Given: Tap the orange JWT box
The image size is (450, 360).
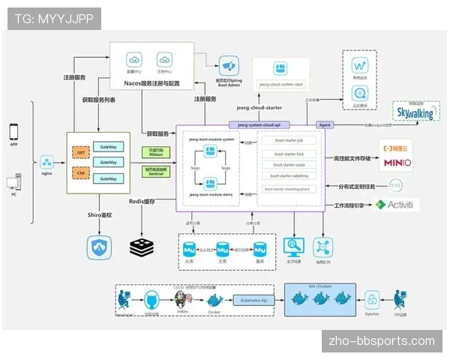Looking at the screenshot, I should pyautogui.click(x=79, y=153).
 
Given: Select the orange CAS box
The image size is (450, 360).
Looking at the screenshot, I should pyautogui.click(x=79, y=172).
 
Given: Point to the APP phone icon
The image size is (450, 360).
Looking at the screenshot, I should pyautogui.click(x=13, y=131).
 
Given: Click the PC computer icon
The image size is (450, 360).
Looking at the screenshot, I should pyautogui.click(x=13, y=182).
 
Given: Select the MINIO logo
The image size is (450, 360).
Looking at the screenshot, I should pyautogui.click(x=396, y=161).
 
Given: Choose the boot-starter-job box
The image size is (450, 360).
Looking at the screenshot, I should pyautogui.click(x=288, y=140).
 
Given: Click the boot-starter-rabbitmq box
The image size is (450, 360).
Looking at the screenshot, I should pyautogui.click(x=288, y=176).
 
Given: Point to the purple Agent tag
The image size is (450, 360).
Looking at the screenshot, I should pyautogui.click(x=325, y=124).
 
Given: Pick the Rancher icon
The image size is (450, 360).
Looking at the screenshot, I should pyautogui.click(x=372, y=299).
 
